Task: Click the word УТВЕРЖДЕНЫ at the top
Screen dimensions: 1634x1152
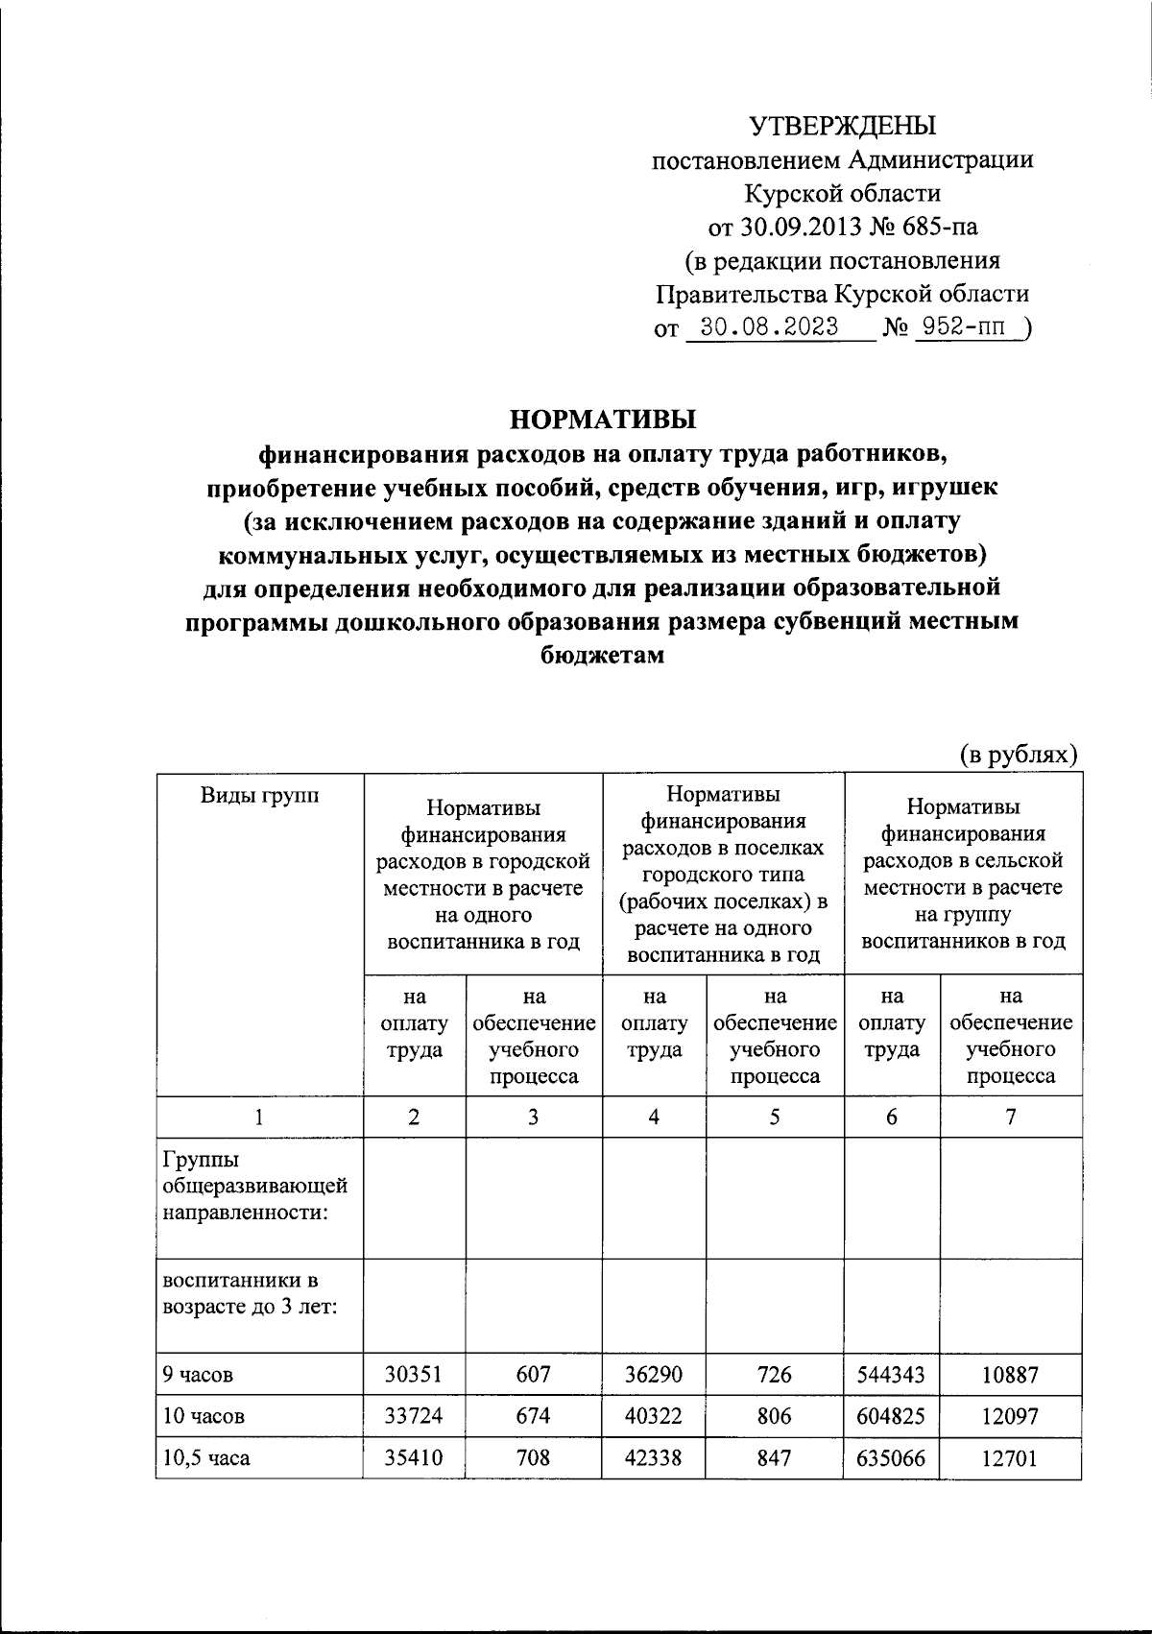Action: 842,126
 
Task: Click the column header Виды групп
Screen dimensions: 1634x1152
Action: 259,795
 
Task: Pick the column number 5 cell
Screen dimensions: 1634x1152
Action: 775,1116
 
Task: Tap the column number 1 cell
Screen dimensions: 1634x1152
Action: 259,1116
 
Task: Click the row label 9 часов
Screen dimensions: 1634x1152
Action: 198,1374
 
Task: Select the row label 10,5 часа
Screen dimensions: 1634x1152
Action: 205,1457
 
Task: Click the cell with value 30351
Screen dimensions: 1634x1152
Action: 414,1374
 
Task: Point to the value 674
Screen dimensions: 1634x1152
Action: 533,1415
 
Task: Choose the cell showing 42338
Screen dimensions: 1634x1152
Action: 654,1457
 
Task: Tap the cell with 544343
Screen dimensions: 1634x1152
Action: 893,1374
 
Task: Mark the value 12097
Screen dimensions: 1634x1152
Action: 1009,1415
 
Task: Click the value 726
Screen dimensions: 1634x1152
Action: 775,1374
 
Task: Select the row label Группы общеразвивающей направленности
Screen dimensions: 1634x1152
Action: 253,1187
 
